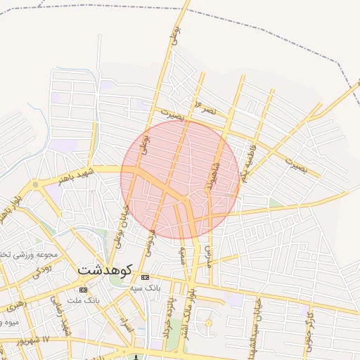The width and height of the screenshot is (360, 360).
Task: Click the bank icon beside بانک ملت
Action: [84, 290]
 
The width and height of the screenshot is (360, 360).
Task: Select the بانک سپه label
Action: [146, 288]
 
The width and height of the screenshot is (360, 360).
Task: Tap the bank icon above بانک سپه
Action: [145, 277]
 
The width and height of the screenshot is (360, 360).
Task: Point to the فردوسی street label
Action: [150, 239]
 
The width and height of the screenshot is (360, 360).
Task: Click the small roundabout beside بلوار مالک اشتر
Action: [208, 323]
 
